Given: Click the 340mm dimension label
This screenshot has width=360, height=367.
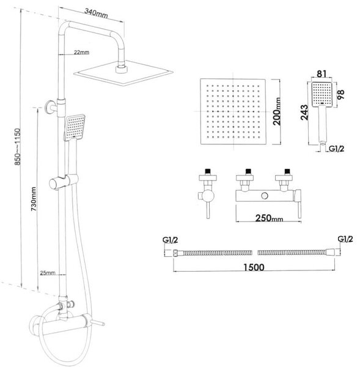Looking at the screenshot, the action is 96,13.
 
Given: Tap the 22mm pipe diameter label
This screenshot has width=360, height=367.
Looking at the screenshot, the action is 81,52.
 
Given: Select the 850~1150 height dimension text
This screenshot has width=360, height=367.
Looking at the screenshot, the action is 18,147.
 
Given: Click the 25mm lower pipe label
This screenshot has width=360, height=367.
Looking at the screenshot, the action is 48,273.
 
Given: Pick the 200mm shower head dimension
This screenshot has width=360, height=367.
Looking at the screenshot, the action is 277,111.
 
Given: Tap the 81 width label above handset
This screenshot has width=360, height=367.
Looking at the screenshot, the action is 321,74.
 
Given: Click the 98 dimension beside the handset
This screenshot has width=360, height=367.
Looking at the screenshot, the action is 341,94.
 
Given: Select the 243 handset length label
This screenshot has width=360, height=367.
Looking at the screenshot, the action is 304,113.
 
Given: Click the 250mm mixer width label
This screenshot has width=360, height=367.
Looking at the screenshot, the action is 269,218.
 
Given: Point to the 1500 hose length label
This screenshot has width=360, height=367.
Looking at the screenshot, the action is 254,267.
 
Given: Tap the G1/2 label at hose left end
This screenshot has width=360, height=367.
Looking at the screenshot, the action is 171,240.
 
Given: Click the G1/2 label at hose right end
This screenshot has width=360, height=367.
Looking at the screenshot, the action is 345,239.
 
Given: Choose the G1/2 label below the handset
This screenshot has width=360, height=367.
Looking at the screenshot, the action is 337,149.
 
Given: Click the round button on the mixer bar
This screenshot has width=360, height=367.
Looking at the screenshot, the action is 265,196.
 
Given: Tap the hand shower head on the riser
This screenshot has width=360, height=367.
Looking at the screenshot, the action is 75,128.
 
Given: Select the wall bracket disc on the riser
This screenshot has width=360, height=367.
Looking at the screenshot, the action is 49,107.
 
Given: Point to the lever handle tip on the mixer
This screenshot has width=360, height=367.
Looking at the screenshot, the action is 103,324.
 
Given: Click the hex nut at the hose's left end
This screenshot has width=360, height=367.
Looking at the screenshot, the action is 175,253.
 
